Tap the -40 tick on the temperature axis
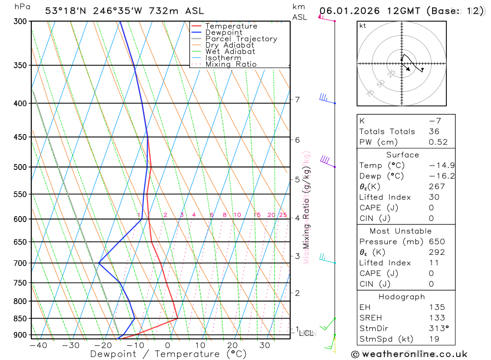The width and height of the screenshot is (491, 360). [x=38, y=345]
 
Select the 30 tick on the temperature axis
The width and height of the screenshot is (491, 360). [x=265, y=345]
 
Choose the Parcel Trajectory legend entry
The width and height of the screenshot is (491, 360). [x=241, y=39]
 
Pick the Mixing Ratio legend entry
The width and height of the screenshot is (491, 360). [x=231, y=64]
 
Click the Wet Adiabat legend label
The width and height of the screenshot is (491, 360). [x=230, y=52]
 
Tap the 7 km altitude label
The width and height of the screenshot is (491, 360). [x=297, y=100]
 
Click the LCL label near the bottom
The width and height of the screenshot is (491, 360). [x=306, y=333]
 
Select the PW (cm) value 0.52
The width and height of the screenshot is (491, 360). [x=438, y=142]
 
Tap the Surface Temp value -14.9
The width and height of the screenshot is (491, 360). [x=438, y=166]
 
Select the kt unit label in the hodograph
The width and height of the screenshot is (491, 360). [x=363, y=26]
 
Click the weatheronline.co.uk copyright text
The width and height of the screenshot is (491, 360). [x=409, y=354]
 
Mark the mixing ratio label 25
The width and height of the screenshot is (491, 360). [x=283, y=215]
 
